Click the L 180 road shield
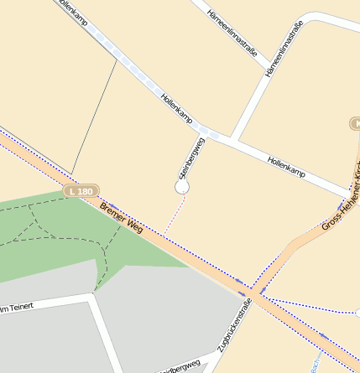click(x=82, y=191)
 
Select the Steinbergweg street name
click(x=192, y=158)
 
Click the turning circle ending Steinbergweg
click(x=182, y=187)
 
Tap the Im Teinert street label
click(x=17, y=308)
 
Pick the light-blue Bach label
click(x=316, y=365)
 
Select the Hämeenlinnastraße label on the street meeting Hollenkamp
click(x=283, y=49)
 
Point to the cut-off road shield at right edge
click(x=355, y=123)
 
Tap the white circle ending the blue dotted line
click(x=357, y=313)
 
